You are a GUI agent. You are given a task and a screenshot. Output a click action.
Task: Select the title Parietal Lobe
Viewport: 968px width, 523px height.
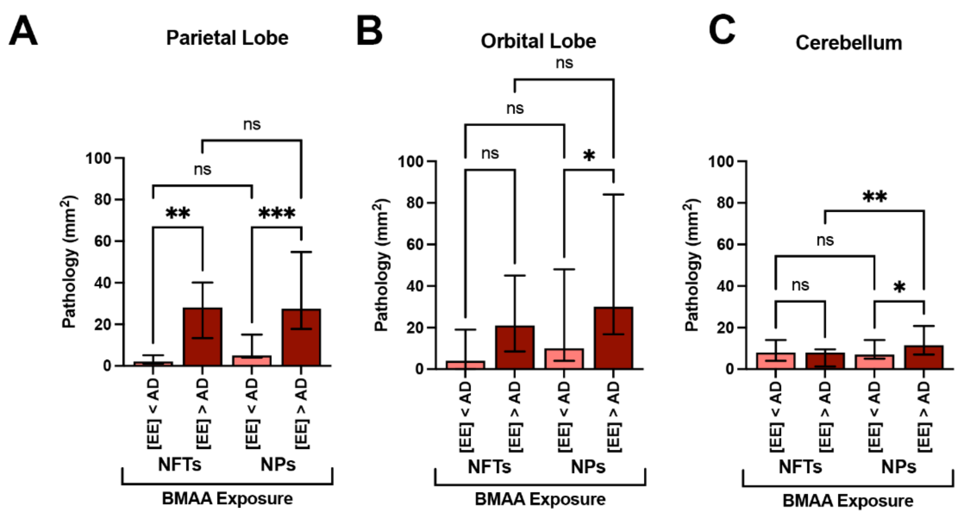(227, 38)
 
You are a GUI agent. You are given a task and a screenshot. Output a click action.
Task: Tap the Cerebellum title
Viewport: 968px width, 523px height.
(848, 43)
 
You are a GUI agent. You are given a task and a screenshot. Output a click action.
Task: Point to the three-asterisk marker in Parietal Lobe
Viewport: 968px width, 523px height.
(277, 213)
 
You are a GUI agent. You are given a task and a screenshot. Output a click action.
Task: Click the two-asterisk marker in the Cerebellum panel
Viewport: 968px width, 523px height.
(874, 197)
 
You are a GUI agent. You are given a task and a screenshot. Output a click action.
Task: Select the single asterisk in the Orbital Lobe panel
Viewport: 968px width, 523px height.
(589, 155)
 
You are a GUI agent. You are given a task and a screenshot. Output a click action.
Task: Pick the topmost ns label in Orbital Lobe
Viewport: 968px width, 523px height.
(564, 63)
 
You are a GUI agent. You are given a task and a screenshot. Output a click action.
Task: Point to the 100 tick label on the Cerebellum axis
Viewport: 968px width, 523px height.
(721, 162)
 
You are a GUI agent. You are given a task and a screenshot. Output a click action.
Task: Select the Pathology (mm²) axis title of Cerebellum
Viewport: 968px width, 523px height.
(692, 265)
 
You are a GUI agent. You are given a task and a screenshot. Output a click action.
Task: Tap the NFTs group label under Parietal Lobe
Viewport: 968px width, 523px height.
(179, 464)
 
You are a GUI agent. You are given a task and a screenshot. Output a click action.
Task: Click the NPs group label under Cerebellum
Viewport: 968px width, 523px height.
(898, 467)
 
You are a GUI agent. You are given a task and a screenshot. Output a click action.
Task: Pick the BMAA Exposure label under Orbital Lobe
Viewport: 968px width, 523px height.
(540, 499)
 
